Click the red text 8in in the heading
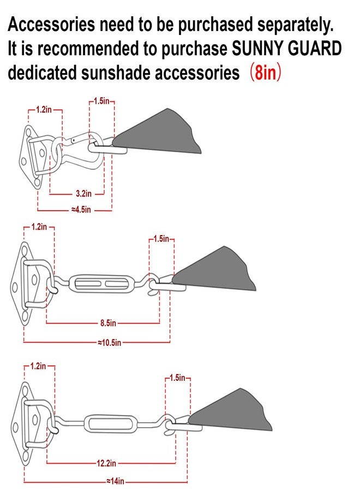tap(266, 73)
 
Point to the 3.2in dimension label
tap(83, 194)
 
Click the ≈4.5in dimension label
tap(81, 209)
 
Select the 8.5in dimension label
tap(108, 323)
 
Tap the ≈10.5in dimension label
tap(109, 343)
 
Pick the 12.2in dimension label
tap(106, 463)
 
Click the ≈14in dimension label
tap(115, 481)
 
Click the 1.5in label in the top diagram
tap(102, 101)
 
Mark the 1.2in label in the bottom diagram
tap(38, 366)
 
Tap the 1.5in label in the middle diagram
tap(161, 239)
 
